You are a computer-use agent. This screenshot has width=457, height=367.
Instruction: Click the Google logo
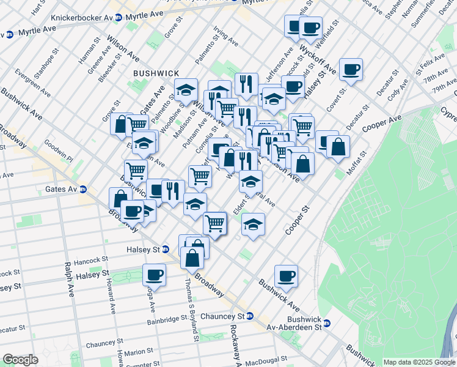(x=20, y=360)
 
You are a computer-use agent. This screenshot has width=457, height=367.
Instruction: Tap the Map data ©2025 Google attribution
(x=419, y=362)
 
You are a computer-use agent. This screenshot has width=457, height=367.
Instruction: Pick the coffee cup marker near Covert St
(x=351, y=69)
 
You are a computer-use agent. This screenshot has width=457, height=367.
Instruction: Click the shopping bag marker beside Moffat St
(x=338, y=147)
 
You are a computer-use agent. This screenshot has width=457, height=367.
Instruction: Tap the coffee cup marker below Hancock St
(x=154, y=275)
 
